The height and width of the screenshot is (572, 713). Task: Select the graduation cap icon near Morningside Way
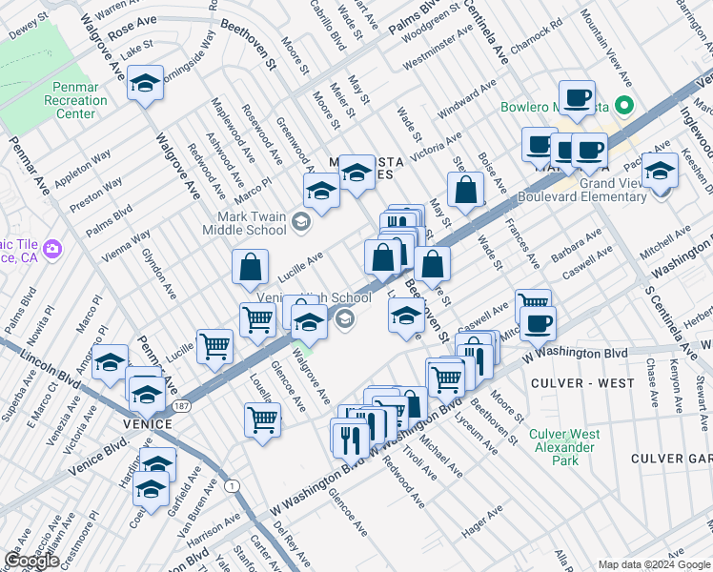tap(145, 85)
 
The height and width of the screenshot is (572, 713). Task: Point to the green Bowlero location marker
tap(624, 106)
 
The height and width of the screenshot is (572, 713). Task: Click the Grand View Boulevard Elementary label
tap(581, 190)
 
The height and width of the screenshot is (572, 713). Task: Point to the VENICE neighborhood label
tap(146, 423)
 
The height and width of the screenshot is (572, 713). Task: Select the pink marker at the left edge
tap(51, 250)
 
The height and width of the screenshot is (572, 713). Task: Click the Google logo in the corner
tap(31, 561)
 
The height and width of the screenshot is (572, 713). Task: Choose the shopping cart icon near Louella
tap(262, 419)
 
